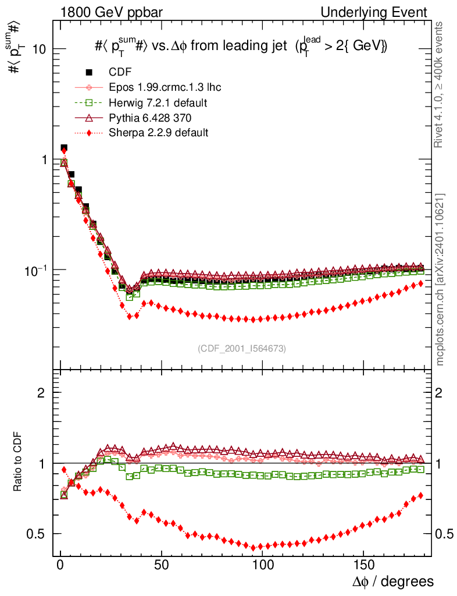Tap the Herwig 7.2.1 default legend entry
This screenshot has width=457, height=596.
tap(158, 102)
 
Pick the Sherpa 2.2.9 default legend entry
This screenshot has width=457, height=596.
tap(158, 133)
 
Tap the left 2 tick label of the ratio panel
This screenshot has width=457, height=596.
tap(41, 393)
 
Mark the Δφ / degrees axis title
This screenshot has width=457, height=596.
tap(394, 581)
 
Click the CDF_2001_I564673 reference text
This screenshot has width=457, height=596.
tap(242, 348)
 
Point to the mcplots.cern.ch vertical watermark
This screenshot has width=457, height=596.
tap(441, 279)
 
